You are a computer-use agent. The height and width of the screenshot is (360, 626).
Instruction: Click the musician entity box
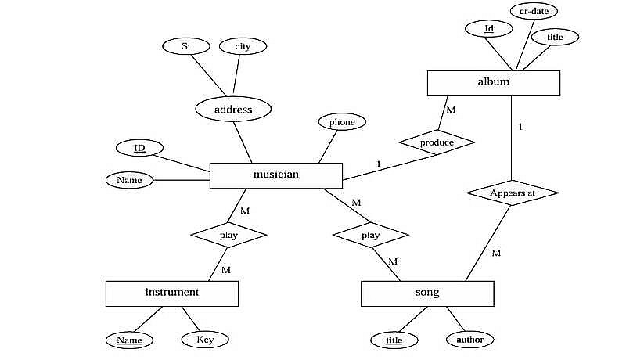point(276,175)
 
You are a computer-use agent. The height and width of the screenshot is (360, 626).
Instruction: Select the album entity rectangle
point(493,83)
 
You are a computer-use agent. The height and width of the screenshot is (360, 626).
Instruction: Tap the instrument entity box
point(171,293)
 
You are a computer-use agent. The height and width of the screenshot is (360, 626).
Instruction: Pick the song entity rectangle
point(427,293)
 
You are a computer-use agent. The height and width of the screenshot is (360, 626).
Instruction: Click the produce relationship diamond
point(437,142)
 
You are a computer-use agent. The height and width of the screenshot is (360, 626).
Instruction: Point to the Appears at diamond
point(512,193)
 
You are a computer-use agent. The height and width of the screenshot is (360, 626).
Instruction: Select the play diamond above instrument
point(228,234)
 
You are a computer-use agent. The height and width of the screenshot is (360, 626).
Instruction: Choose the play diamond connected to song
point(370,235)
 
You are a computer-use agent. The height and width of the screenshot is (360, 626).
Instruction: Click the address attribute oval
point(233,110)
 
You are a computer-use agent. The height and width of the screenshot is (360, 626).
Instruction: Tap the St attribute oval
point(186,46)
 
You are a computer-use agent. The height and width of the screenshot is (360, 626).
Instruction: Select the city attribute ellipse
point(243,46)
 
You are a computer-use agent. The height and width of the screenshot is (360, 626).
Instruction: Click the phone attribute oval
point(342,122)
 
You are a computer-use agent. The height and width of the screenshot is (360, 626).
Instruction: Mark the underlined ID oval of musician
point(139,147)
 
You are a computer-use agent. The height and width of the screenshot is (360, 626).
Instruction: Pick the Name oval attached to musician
point(129,181)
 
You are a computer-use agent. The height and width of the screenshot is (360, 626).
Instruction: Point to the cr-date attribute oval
point(534,12)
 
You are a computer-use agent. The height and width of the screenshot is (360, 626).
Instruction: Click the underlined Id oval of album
point(489,29)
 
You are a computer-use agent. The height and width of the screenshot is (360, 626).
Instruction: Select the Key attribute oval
point(205,340)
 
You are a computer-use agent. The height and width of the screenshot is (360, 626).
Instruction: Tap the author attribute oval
point(469,340)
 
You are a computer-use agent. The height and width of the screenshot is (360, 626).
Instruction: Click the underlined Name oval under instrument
point(130,340)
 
